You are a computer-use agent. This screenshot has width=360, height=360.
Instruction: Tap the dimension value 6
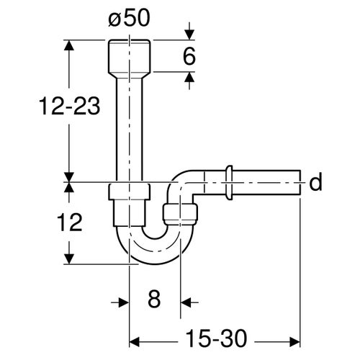click(x=189, y=56)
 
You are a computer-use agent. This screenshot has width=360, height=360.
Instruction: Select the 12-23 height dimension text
click(x=70, y=107)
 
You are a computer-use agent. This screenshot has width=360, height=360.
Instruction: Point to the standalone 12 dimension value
click(x=70, y=222)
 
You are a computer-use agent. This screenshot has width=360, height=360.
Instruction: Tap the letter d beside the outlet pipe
click(x=315, y=182)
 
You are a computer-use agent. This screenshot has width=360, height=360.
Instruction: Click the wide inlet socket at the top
click(x=130, y=56)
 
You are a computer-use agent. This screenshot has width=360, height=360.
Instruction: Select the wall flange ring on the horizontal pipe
click(x=229, y=183)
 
